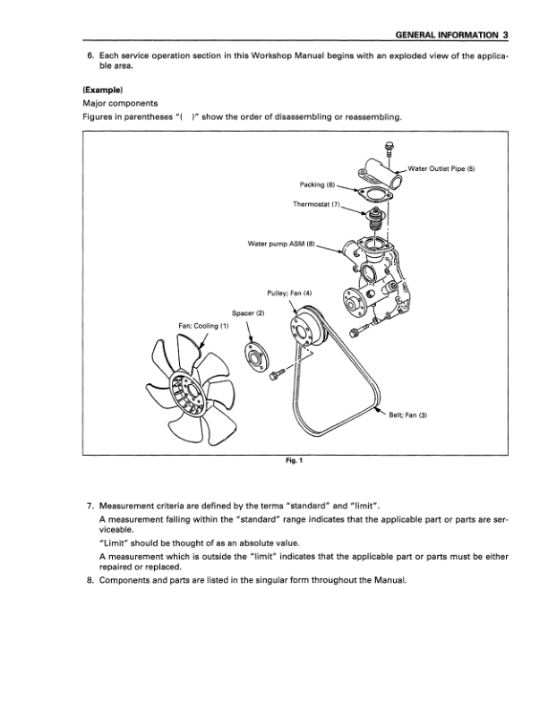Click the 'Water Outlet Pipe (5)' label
tap(445, 169)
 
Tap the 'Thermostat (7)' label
tap(317, 204)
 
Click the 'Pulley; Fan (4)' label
tap(288, 295)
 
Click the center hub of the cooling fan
tap(184, 390)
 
